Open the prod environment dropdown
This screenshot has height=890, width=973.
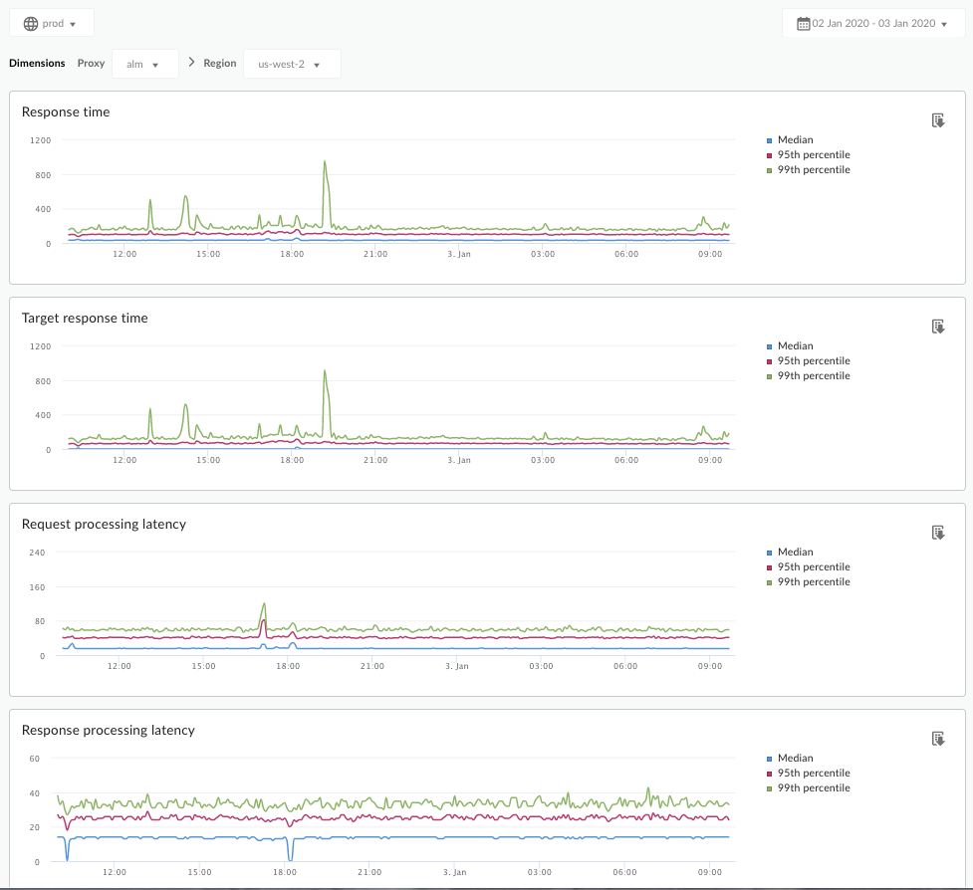point(51,23)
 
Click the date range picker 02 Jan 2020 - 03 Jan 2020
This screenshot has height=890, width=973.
point(872,23)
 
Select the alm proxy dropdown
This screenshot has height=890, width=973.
point(144,64)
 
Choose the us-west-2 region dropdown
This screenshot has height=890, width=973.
point(291,64)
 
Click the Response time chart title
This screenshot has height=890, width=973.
point(66,112)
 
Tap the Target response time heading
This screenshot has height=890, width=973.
point(85,319)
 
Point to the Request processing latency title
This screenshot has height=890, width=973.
point(104,525)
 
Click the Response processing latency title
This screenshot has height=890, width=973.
point(108,731)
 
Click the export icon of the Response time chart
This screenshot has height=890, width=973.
point(937,120)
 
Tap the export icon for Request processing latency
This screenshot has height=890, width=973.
point(937,533)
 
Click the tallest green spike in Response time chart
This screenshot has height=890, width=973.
point(325,162)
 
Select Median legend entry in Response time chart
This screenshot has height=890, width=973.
point(795,140)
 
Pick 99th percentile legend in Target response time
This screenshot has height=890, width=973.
point(813,376)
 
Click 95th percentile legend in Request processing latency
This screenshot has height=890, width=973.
point(813,567)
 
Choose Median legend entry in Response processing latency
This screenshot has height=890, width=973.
point(795,759)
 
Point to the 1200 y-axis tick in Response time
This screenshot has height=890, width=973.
point(40,140)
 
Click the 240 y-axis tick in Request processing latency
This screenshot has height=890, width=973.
point(38,553)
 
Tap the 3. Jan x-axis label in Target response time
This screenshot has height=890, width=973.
point(458,461)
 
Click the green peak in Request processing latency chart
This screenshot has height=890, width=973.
point(264,603)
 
